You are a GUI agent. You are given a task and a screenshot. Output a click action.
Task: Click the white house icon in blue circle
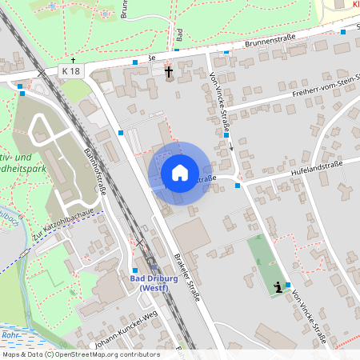coord(180,173)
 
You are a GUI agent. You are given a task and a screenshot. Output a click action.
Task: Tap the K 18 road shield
coord(70,71)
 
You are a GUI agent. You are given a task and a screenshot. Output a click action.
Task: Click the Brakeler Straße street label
coord(190,277)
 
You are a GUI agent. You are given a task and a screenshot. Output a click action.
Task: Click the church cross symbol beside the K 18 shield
coord(73,60)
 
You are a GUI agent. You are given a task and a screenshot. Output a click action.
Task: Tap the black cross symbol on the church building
coord(169,74)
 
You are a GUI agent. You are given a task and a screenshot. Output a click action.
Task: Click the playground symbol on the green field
coord(278,287)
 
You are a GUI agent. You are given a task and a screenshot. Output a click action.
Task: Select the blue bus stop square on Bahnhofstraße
coord(121,133)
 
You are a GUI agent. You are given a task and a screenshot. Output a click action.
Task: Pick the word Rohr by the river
coord(10,335)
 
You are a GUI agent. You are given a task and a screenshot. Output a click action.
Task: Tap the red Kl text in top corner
coord(354,5)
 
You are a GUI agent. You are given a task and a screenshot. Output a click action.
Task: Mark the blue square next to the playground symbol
coord(288,285)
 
